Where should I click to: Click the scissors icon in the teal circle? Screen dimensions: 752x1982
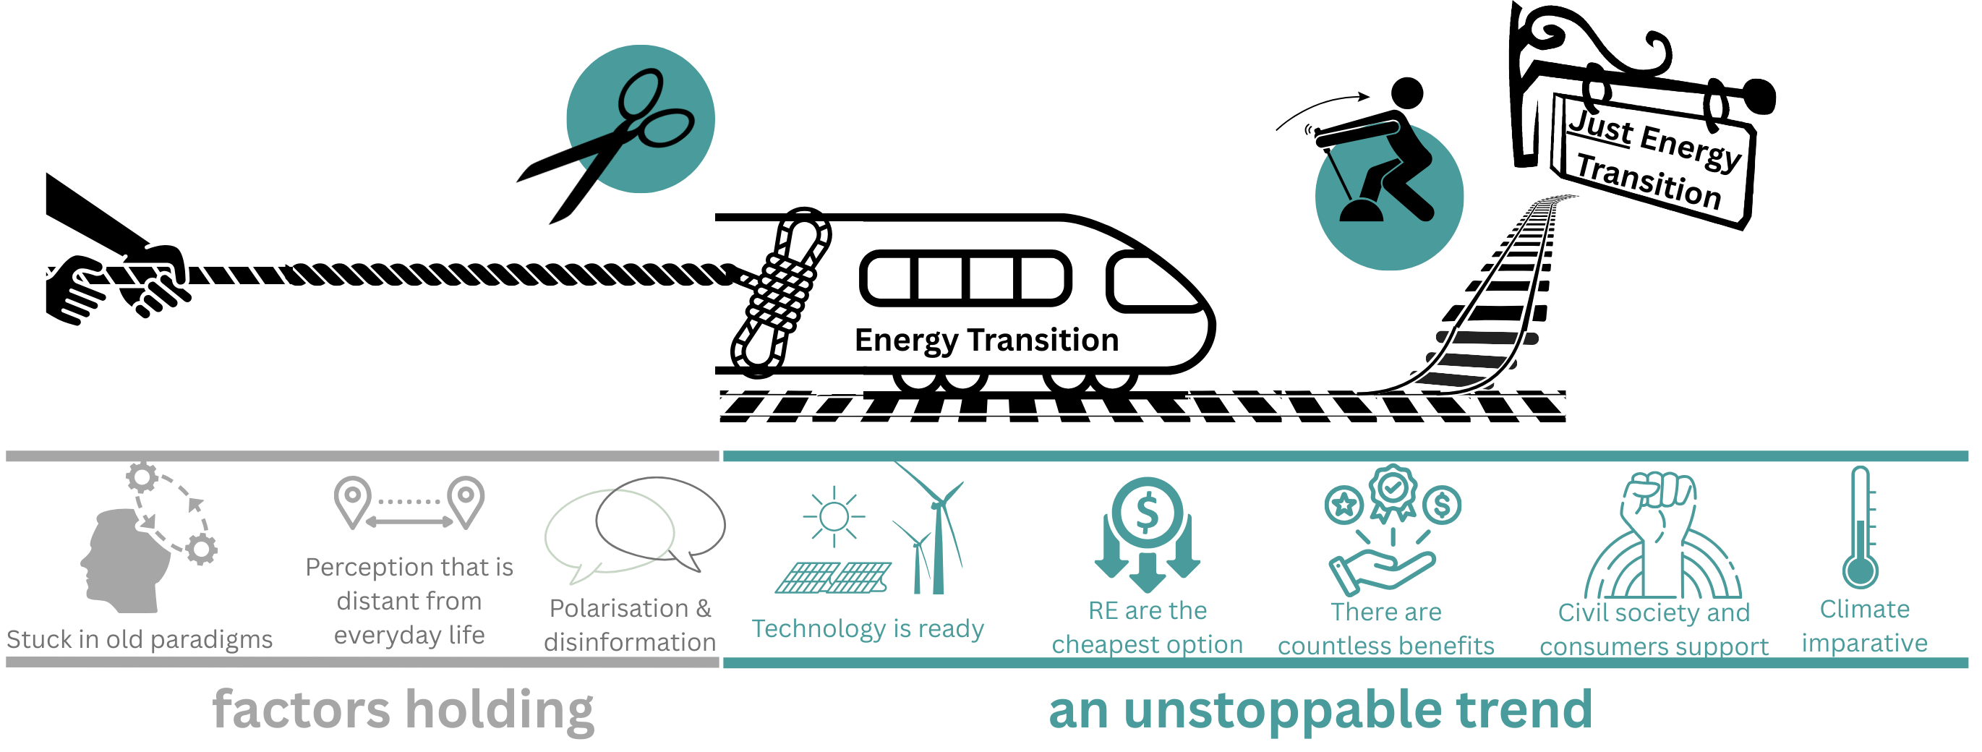(x=640, y=119)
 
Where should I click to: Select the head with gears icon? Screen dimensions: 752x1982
(x=146, y=539)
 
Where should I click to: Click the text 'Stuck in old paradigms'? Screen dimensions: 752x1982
(x=140, y=639)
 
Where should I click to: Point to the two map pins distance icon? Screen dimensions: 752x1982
(x=409, y=504)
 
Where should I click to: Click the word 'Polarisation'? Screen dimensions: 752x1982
(x=618, y=608)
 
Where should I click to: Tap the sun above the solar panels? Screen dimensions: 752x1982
(x=833, y=516)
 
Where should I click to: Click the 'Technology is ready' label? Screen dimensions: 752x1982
(x=868, y=629)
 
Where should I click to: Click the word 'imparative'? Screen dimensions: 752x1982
(x=1864, y=643)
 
